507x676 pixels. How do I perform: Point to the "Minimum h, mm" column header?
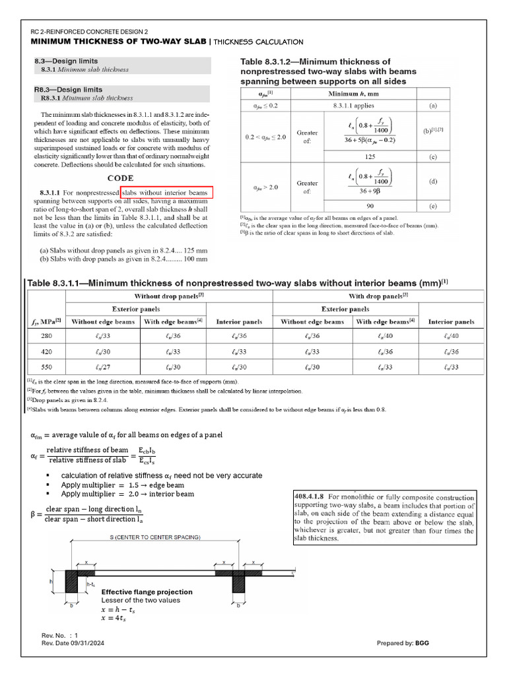(x=357, y=93)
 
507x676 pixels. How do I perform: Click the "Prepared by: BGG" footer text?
(x=404, y=643)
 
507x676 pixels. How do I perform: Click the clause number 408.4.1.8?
(x=311, y=497)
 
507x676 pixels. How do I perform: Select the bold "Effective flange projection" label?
(x=147, y=591)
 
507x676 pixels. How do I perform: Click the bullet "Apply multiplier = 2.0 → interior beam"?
(x=127, y=494)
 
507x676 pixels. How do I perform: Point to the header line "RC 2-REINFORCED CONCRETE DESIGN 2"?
(x=90, y=32)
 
